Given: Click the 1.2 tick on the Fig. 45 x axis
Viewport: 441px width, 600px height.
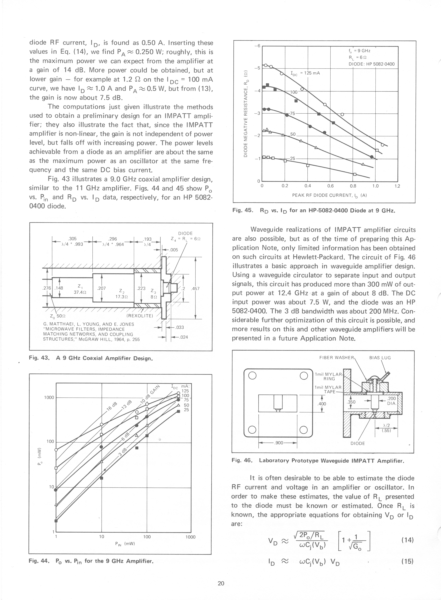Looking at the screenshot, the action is pyautogui.click(x=397, y=186).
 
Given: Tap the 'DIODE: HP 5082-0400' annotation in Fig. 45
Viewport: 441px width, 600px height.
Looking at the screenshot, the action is pyautogui.click(x=371, y=64).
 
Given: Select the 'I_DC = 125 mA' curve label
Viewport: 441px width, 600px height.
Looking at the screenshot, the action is pyautogui.click(x=305, y=73).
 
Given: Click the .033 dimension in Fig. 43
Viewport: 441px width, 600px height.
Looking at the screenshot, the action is pyautogui.click(x=180, y=327).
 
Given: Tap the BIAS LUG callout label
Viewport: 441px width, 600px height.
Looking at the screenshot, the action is pyautogui.click(x=380, y=358).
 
